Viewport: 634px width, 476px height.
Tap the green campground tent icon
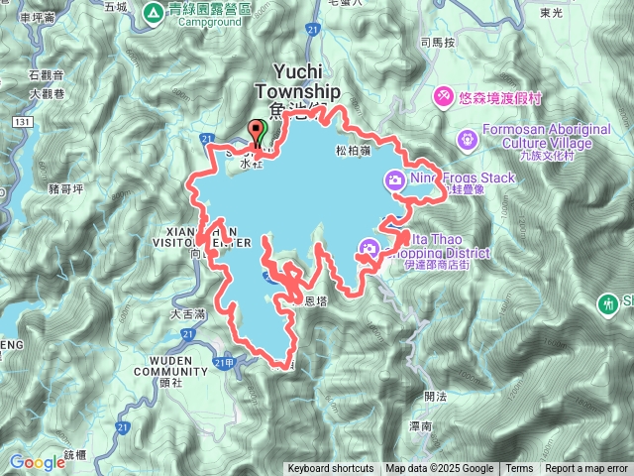click(x=154, y=13)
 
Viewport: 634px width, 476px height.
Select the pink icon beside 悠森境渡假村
click(x=445, y=96)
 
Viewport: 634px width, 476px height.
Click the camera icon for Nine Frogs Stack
click(x=394, y=179)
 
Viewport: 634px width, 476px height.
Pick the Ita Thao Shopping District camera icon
click(x=370, y=248)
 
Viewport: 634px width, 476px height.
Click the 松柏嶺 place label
click(x=353, y=152)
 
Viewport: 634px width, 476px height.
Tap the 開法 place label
click(x=434, y=396)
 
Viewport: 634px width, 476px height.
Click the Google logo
click(x=37, y=462)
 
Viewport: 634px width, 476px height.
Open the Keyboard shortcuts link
click(x=331, y=469)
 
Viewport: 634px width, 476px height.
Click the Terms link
click(x=519, y=469)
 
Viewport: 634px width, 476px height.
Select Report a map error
click(x=586, y=469)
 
